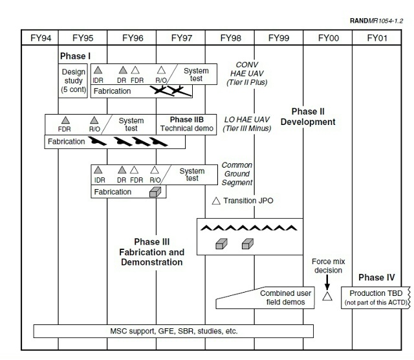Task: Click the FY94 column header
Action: pyautogui.click(x=41, y=38)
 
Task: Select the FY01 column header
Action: pyautogui.click(x=377, y=38)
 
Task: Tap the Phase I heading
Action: pyautogui.click(x=75, y=56)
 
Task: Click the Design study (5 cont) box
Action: pyautogui.click(x=73, y=81)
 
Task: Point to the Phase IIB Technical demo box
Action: pyautogui.click(x=186, y=124)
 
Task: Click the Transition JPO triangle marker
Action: pyautogui.click(x=216, y=201)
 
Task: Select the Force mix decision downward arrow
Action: pyautogui.click(x=327, y=282)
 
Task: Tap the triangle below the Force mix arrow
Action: pyautogui.click(x=327, y=297)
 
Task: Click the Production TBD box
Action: pyautogui.click(x=376, y=298)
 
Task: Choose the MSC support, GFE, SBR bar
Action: pyautogui.click(x=173, y=332)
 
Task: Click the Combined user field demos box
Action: pyautogui.click(x=265, y=298)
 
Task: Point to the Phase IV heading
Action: pyautogui.click(x=376, y=277)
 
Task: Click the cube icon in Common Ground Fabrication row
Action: pyautogui.click(x=155, y=192)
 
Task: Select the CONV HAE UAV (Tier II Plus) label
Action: pyautogui.click(x=247, y=73)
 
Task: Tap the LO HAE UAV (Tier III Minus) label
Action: pyautogui.click(x=247, y=124)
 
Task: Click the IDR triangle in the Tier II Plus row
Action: pyautogui.click(x=98, y=70)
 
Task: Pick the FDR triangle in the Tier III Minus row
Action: pyautogui.click(x=65, y=120)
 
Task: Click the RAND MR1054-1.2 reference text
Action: pyautogui.click(x=376, y=21)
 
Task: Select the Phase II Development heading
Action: pyautogui.click(x=308, y=117)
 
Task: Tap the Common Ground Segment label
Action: pyautogui.click(x=237, y=174)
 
